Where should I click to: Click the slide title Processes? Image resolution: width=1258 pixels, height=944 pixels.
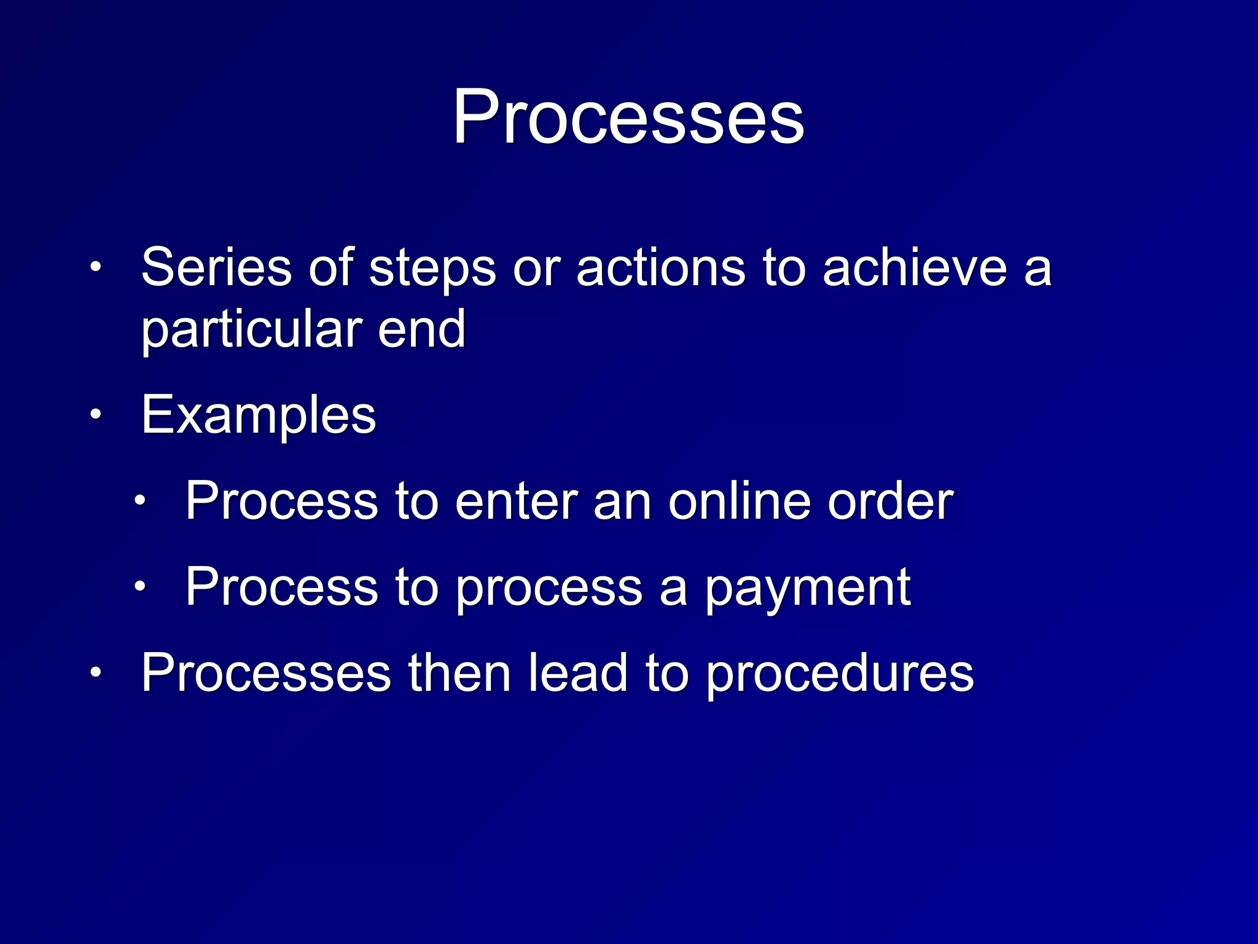pos(628,117)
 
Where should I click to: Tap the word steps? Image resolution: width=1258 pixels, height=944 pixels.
pos(432,269)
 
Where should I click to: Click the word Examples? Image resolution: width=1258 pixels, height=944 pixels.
pos(258,416)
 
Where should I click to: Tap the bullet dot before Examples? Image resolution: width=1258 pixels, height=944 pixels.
pos(95,415)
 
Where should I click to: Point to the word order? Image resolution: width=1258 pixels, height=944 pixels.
pos(890,501)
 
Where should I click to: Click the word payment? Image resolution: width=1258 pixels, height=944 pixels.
pos(807,588)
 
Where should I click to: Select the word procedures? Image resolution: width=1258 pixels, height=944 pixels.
pos(839,674)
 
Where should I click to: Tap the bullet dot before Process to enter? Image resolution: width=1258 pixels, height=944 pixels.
pos(140,500)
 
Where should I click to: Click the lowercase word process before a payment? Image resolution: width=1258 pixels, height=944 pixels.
pos(549,588)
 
